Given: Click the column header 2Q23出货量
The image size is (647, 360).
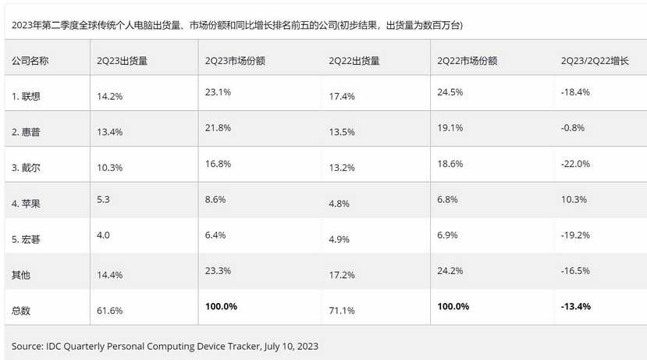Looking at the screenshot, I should [123, 60].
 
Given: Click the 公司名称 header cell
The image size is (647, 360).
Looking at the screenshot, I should [30, 60].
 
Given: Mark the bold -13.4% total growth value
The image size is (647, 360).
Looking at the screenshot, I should [576, 306].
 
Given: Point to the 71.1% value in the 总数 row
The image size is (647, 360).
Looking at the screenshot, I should [343, 310].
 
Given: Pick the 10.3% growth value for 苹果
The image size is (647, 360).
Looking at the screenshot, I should [573, 199].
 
